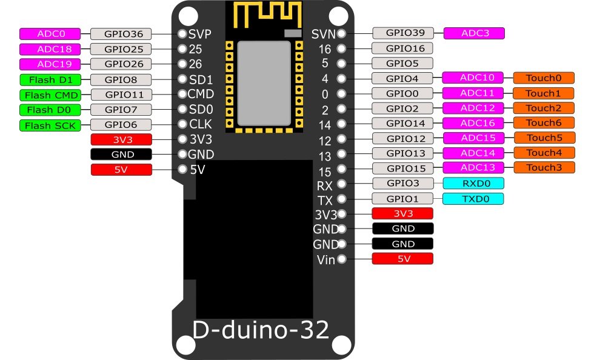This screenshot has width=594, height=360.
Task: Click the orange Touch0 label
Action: click(544, 78)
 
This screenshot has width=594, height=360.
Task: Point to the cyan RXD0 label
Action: click(473, 183)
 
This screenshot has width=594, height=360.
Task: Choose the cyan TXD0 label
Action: click(473, 198)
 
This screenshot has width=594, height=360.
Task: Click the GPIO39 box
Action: click(403, 33)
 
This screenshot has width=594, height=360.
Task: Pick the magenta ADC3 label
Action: click(474, 33)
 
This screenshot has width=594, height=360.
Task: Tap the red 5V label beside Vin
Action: click(403, 259)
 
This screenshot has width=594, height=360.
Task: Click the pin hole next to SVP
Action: click(182, 34)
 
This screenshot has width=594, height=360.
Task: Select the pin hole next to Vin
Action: click(342, 259)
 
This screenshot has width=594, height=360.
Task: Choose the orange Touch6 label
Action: click(544, 122)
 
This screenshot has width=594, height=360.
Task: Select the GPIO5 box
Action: click(403, 63)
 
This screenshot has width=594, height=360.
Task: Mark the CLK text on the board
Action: click(200, 125)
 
